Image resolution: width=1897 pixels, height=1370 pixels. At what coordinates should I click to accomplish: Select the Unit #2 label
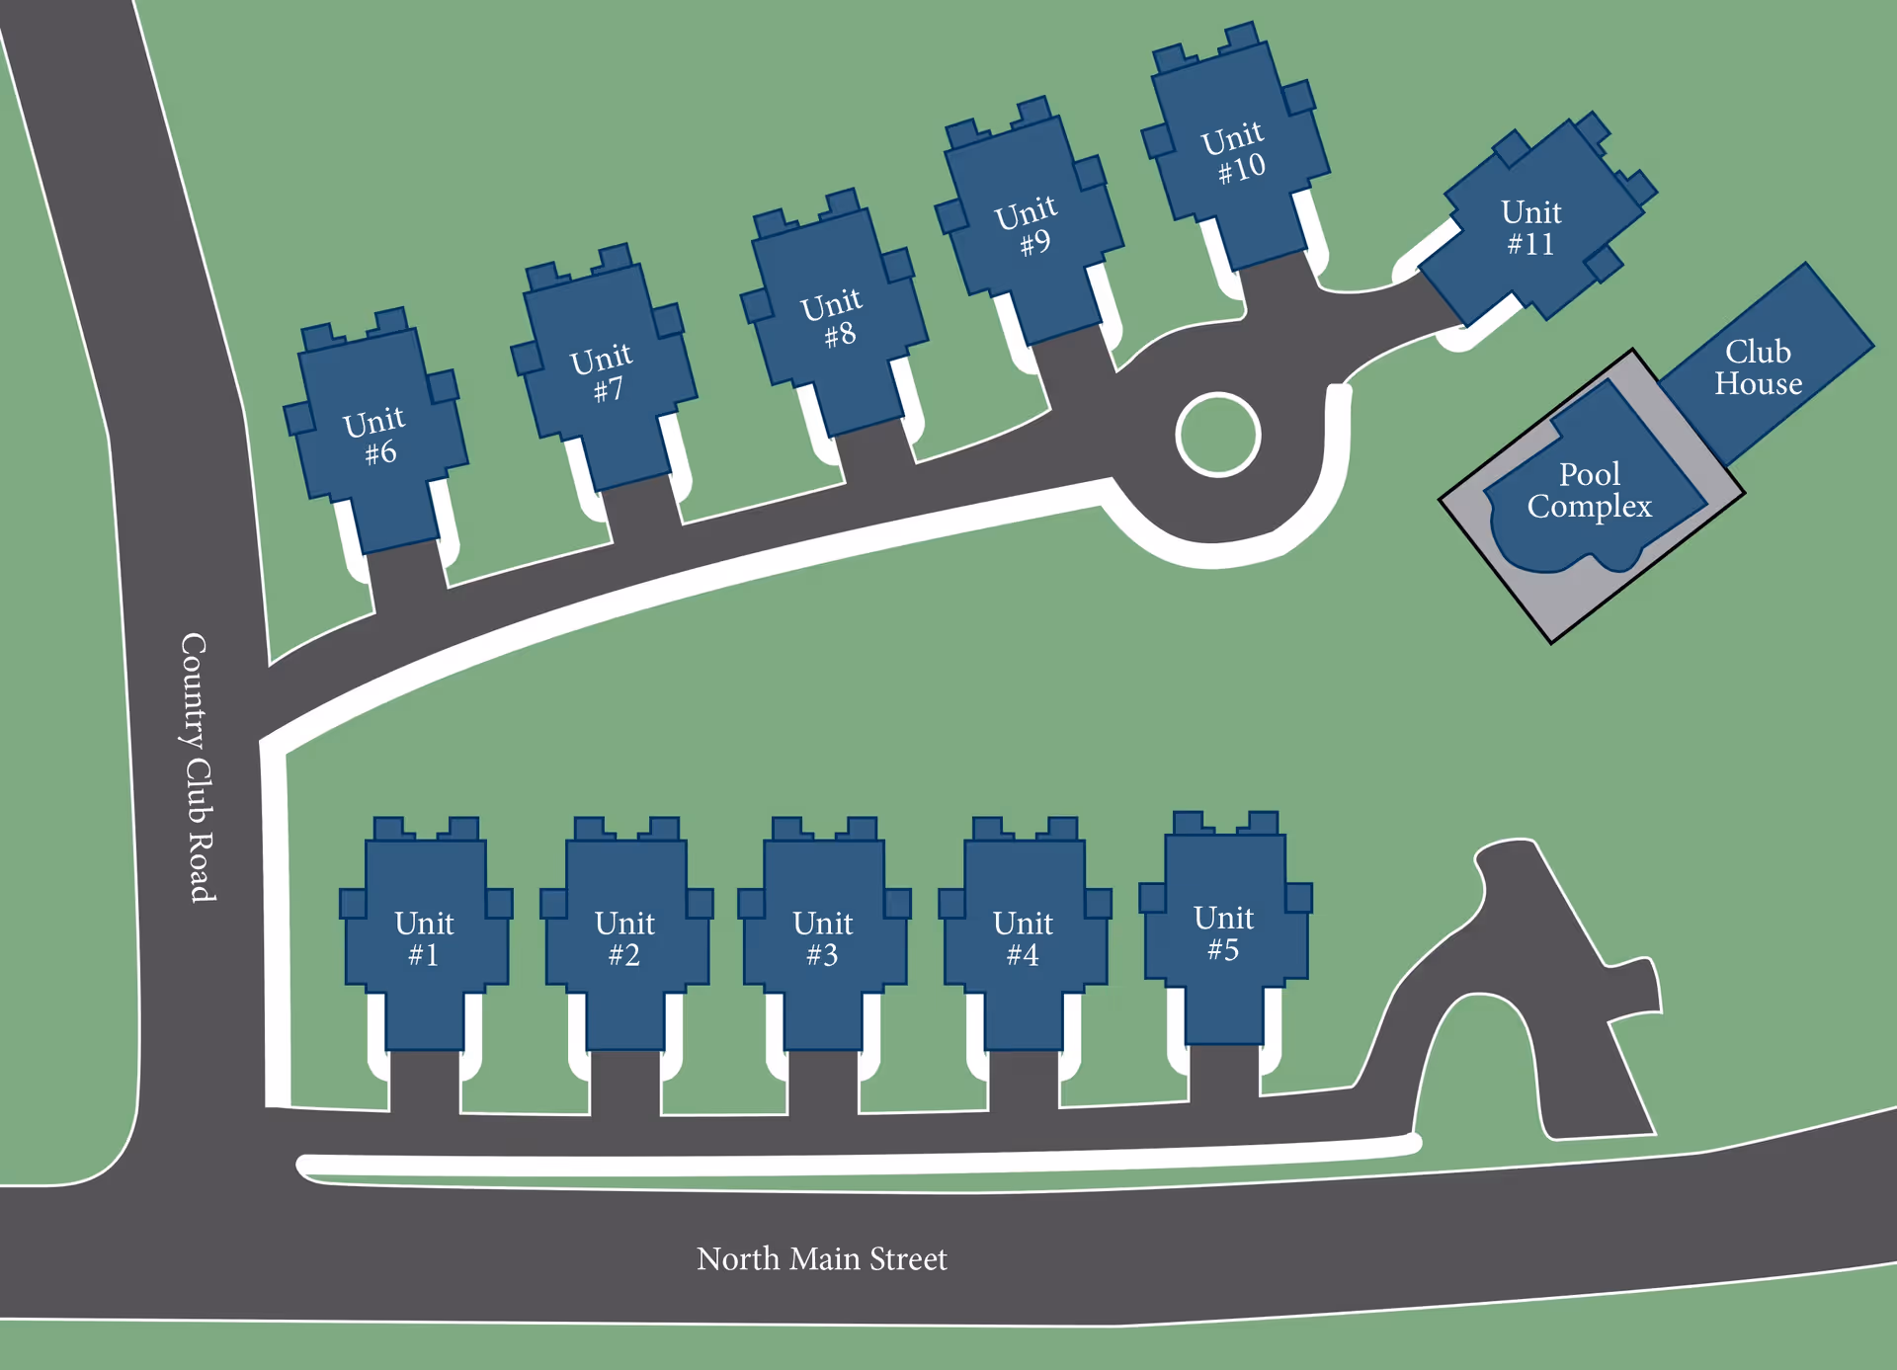(624, 938)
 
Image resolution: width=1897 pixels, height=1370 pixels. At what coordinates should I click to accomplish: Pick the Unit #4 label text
(1023, 938)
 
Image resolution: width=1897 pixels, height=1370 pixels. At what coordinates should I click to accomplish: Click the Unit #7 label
(602, 372)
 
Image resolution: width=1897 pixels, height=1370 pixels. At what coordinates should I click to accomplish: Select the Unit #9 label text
(1028, 226)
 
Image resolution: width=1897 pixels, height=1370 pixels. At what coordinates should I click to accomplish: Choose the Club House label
(1758, 367)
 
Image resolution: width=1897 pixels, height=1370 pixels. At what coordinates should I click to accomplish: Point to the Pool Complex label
(1589, 490)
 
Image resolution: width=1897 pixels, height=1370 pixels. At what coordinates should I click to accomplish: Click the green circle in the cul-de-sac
(1217, 435)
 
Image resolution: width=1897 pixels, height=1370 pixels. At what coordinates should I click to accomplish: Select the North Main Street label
(821, 1258)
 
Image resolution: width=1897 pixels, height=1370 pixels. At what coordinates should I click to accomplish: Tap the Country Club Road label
(197, 767)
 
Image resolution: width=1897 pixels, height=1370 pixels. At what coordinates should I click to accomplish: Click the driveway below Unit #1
(425, 1082)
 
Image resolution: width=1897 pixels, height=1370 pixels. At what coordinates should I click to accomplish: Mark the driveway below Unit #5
(1224, 1072)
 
